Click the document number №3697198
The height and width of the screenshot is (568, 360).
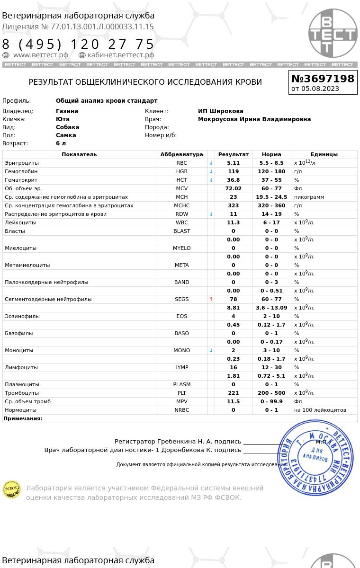[x=323, y=79]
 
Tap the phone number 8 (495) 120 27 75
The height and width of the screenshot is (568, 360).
[x=79, y=44]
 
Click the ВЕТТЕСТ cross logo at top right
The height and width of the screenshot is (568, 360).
[x=333, y=33]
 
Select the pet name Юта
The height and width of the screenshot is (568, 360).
[x=63, y=119]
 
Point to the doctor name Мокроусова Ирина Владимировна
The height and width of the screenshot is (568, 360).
[x=254, y=119]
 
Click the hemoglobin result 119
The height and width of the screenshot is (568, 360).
[x=233, y=171]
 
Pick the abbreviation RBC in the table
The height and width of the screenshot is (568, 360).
[x=181, y=163]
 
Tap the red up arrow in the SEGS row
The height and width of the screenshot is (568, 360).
[x=211, y=299]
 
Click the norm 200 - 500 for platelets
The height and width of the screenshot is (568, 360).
[x=271, y=393]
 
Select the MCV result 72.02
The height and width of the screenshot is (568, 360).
[x=233, y=188]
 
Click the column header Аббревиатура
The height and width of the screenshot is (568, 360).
[x=181, y=154]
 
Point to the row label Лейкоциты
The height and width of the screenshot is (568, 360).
[x=20, y=222]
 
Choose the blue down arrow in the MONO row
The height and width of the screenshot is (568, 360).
[x=211, y=350]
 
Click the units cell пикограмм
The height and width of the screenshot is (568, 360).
[x=309, y=197]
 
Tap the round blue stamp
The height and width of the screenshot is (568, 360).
[x=315, y=458]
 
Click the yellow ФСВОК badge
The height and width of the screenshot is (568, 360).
[x=12, y=489]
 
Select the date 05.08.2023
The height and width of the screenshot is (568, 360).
[x=320, y=89]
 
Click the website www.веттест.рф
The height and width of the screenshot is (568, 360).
[x=40, y=55]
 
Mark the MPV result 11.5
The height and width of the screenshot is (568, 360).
[x=233, y=401]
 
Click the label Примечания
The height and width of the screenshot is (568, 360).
[x=23, y=418]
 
